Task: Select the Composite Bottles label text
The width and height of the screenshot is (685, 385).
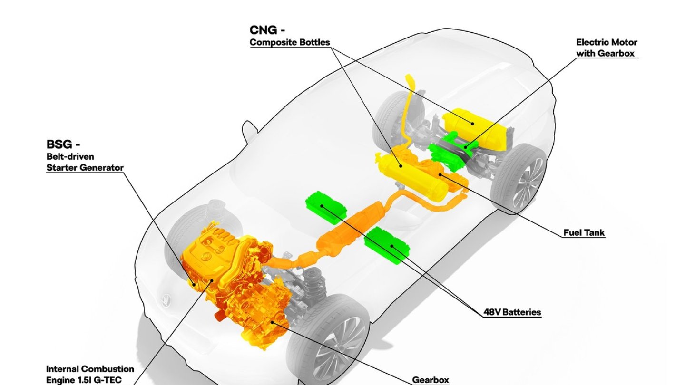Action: [290, 42]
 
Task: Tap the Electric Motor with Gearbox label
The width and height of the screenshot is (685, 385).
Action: [607, 48]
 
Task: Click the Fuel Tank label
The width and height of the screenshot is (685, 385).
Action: [584, 232]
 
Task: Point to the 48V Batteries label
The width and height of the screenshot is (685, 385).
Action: [512, 312]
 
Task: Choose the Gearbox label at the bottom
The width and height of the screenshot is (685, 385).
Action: [431, 380]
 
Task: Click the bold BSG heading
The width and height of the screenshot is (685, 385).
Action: [63, 144]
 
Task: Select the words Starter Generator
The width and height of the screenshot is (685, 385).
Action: [85, 167]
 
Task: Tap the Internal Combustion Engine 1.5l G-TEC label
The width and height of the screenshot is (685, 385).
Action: [90, 375]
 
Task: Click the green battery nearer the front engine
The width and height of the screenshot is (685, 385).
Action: [326, 208]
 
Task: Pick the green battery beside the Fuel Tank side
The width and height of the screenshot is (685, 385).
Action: [387, 245]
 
